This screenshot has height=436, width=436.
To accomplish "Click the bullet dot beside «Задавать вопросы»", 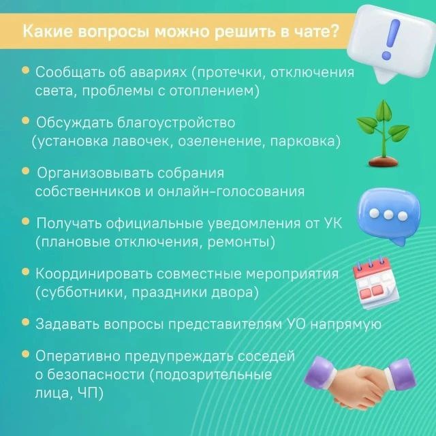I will (x=25, y=322).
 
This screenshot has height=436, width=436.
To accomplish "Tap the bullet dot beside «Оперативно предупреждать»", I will (x=25, y=354).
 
